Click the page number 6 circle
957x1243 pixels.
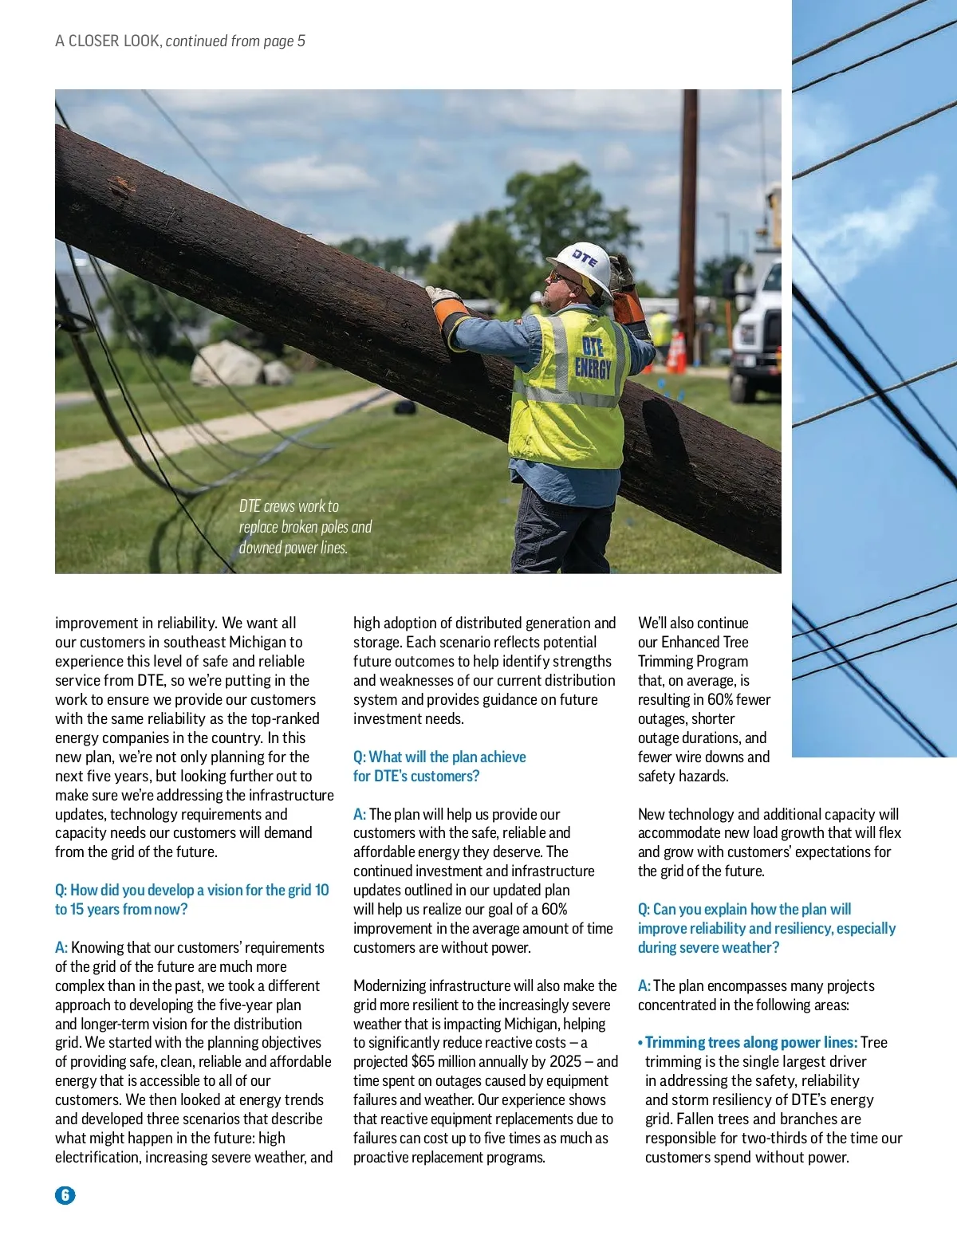pos(65,1194)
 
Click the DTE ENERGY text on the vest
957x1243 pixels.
pos(593,357)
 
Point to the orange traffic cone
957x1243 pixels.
pos(676,352)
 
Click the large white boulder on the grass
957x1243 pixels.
pos(226,364)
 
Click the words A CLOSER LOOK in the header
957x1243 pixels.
pos(107,41)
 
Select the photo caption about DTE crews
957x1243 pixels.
pos(305,527)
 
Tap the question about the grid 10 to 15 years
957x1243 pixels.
pos(191,899)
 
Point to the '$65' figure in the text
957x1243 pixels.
pos(423,1061)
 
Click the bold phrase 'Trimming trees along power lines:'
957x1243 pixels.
pos(750,1042)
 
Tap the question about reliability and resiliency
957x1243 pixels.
pos(766,928)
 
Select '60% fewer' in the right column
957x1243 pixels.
pos(738,699)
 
